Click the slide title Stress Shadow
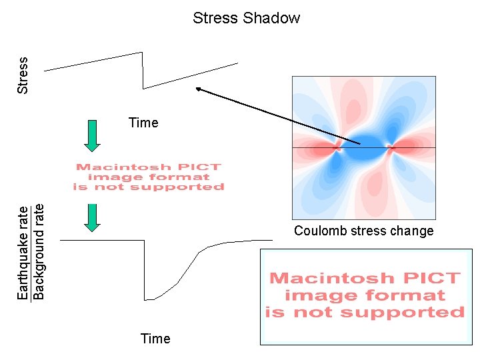pos(246,18)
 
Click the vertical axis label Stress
pos(23,75)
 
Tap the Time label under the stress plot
pos(143,123)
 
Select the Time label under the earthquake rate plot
pos(155,339)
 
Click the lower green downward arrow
pos(93,217)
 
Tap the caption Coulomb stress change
pos(363,231)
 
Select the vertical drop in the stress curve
pos(143,70)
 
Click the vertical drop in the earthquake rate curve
pos(145,270)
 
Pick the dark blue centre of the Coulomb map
pos(363,148)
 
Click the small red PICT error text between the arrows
pos(148,177)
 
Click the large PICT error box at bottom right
pos(365,297)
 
